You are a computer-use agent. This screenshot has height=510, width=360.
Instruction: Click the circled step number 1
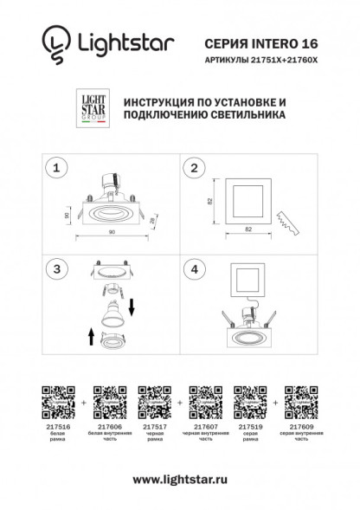pos(57,167)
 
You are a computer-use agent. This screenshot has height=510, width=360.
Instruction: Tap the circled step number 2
pos(195,167)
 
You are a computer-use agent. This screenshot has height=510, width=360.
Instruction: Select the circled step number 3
pos(57,269)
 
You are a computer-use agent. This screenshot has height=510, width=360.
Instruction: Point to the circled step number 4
pos(195,269)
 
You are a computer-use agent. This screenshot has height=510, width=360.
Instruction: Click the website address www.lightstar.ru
pos(180,479)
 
